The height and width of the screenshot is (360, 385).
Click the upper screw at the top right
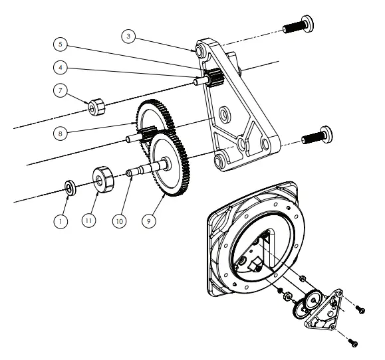(299, 26)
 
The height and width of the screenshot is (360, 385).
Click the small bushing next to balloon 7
(99, 104)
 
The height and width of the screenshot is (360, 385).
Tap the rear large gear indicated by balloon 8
(150, 110)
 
